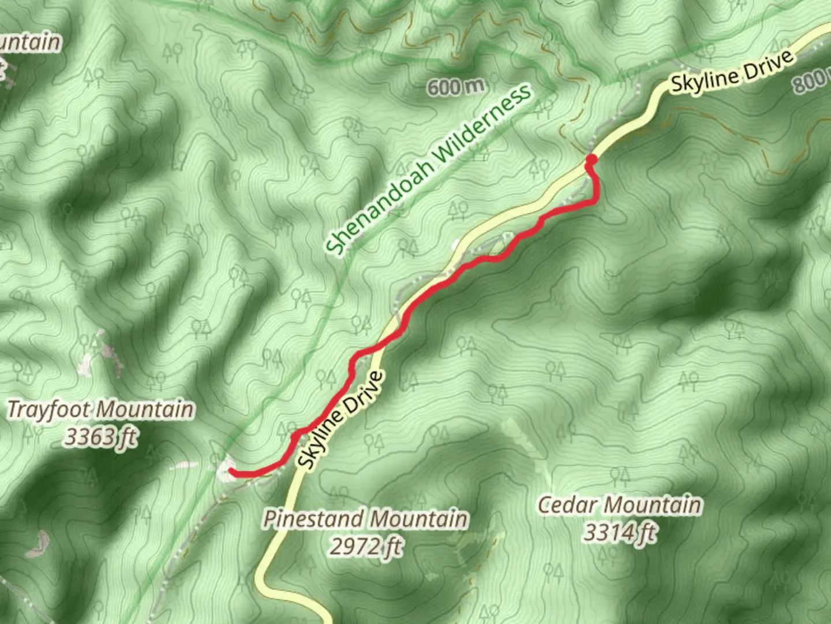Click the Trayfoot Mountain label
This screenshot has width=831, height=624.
[100, 410]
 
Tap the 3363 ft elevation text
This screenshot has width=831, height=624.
[100, 437]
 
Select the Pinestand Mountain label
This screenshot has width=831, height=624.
[365, 519]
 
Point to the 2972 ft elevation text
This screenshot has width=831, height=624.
[365, 545]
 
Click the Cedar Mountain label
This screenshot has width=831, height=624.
[620, 506]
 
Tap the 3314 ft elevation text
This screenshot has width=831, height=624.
[620, 532]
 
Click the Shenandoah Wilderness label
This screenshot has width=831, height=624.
[428, 170]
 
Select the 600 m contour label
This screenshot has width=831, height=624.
[455, 87]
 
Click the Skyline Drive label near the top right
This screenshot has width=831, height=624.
[732, 73]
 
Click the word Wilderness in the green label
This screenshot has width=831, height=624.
[482, 124]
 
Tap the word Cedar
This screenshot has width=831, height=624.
[567, 506]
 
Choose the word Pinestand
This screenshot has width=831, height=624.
[312, 519]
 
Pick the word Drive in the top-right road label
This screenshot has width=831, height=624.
[770, 62]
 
